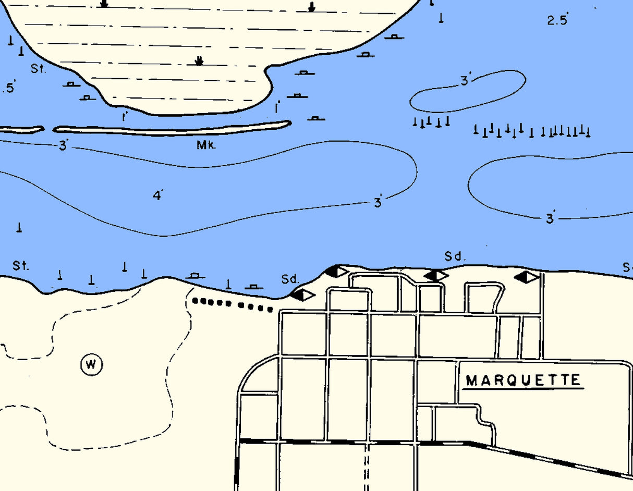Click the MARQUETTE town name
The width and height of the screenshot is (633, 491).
pos(523,380)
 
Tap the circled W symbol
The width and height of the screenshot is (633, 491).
pos(91,364)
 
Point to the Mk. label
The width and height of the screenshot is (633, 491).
pos(206,145)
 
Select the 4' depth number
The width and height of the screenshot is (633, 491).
pos(158,195)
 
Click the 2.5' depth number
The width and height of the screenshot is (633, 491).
pos(557,20)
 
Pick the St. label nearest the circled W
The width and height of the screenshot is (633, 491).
pos(20,266)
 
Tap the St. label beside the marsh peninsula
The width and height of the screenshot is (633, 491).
pos(39,68)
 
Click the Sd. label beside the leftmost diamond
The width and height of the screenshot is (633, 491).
pos(289,279)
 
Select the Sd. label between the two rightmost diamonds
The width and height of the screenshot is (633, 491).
pos(454,256)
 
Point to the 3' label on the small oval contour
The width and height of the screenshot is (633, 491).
pos(466,81)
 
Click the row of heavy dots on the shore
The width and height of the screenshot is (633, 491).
pos(232,304)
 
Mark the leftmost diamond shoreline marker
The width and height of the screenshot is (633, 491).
pos(303,295)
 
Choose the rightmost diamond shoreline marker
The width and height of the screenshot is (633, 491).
pos(527,277)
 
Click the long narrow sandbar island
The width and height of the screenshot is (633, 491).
pos(172,128)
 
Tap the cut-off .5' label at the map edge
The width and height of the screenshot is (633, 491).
pos(8,88)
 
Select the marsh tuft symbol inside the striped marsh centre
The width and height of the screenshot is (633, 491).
pos(199,61)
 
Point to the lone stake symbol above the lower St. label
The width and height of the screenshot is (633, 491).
pos(19,227)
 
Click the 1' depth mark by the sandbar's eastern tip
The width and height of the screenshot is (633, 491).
pos(277,107)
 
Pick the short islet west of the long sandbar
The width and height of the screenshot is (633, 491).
pos(21,129)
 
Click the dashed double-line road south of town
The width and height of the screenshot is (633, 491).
pos(367,467)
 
